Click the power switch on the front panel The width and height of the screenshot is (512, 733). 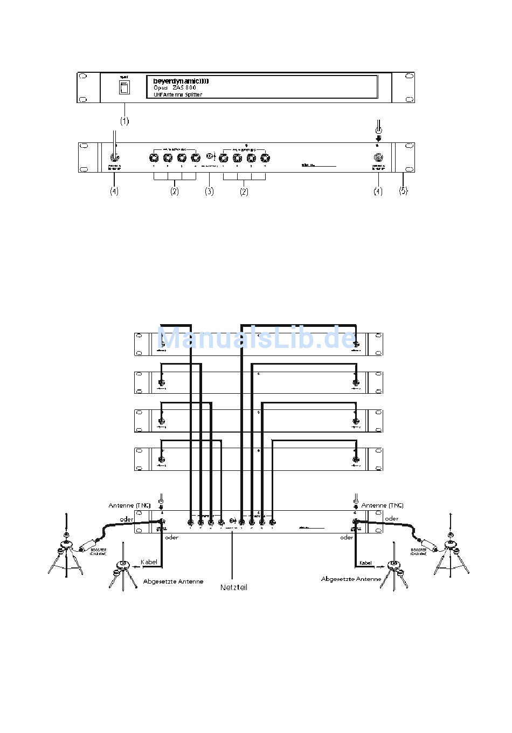(x=124, y=88)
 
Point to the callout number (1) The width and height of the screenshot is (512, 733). (x=124, y=121)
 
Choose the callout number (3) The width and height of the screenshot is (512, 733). (x=209, y=191)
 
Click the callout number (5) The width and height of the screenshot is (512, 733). (x=404, y=190)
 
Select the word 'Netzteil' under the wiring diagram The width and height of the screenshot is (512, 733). (x=233, y=587)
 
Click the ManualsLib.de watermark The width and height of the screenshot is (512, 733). (x=258, y=338)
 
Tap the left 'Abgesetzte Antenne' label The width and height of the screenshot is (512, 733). (x=173, y=581)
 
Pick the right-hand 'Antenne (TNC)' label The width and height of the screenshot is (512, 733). (x=382, y=505)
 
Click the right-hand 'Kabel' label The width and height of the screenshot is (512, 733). (x=365, y=563)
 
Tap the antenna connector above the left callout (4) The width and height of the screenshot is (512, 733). (x=114, y=157)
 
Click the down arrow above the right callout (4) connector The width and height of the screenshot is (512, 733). (x=378, y=138)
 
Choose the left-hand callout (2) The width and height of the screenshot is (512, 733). (x=174, y=191)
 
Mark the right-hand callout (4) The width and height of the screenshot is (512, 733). (x=378, y=191)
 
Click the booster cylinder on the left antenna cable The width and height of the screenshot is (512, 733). (x=87, y=546)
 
